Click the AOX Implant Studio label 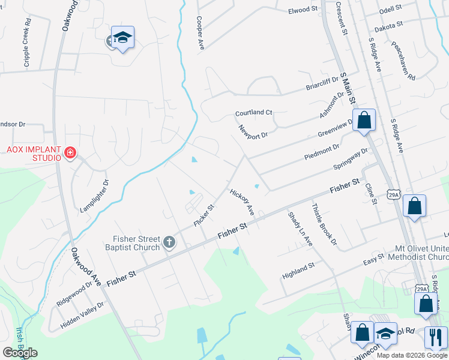tap(34, 153)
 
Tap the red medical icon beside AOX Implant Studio tap(70, 153)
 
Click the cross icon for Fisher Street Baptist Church tap(169, 242)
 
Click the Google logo tap(20, 353)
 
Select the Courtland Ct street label tap(254, 113)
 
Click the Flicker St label tap(204, 215)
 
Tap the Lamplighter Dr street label tap(95, 196)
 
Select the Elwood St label tap(303, 10)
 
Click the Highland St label tap(298, 271)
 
